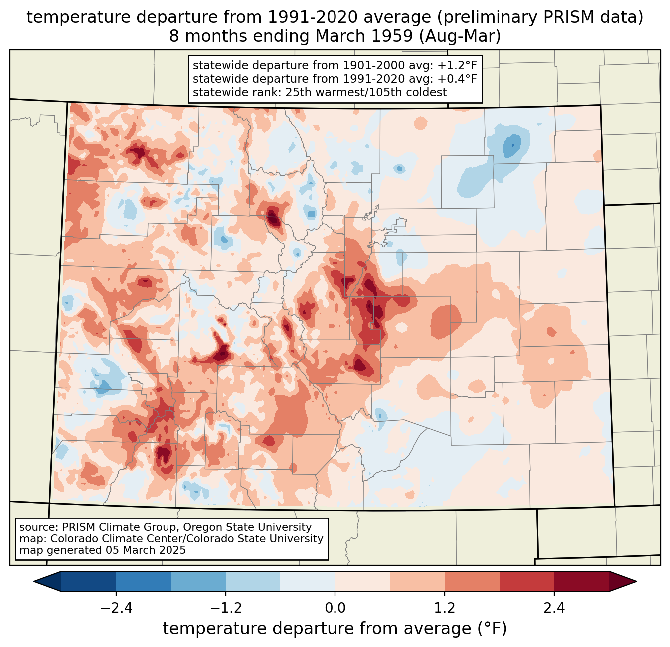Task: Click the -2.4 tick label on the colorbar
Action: (x=116, y=608)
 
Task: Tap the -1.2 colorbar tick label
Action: (x=226, y=608)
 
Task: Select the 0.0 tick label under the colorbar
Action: (x=335, y=608)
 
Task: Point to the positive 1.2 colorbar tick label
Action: (x=445, y=608)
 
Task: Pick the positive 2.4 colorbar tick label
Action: (x=554, y=608)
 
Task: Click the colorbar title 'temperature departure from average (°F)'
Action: (x=335, y=628)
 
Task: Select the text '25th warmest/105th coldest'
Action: (x=366, y=92)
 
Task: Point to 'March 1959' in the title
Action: (x=364, y=36)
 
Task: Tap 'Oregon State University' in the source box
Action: (x=247, y=527)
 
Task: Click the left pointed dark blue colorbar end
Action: (x=47, y=581)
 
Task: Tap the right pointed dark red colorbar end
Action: (x=623, y=581)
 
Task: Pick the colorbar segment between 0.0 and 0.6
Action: (x=362, y=581)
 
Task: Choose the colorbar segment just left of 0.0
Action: (x=308, y=581)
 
